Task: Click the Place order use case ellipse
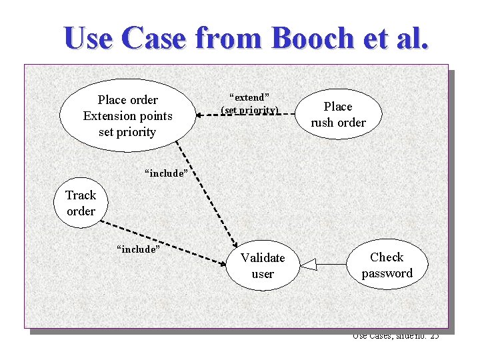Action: point(127,115)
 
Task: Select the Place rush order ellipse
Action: point(338,114)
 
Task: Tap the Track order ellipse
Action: point(81,203)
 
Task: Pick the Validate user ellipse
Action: point(263,265)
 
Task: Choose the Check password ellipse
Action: point(387,265)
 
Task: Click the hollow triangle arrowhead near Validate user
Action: point(308,266)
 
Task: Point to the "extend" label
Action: point(249,97)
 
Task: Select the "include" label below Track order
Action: point(138,249)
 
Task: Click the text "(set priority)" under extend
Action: point(250,109)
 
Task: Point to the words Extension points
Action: point(127,116)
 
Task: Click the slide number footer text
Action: point(395,336)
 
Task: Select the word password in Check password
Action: point(387,273)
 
